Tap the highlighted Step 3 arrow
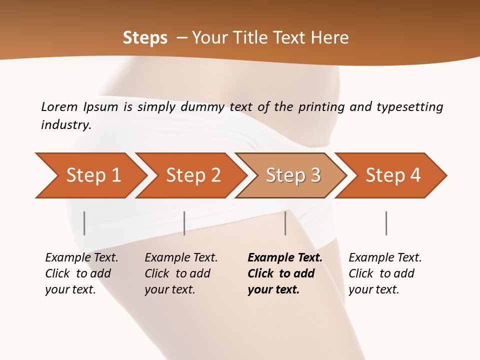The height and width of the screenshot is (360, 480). coord(293,175)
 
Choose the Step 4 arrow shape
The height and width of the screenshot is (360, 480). coord(393,175)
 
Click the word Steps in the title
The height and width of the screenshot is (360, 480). coord(145,37)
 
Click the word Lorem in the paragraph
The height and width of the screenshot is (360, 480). coord(59,106)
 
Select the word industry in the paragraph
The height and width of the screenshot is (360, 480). coord(65,125)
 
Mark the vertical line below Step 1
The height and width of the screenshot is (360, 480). coord(84,223)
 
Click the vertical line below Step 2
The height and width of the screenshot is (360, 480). coord(184,223)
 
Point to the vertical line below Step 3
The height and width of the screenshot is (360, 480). coord(285,223)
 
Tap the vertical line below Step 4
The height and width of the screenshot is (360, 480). coord(386,223)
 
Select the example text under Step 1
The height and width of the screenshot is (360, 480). coord(81,273)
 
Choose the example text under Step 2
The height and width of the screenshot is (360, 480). coord(181,273)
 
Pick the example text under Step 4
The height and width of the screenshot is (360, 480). coord(385,273)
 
